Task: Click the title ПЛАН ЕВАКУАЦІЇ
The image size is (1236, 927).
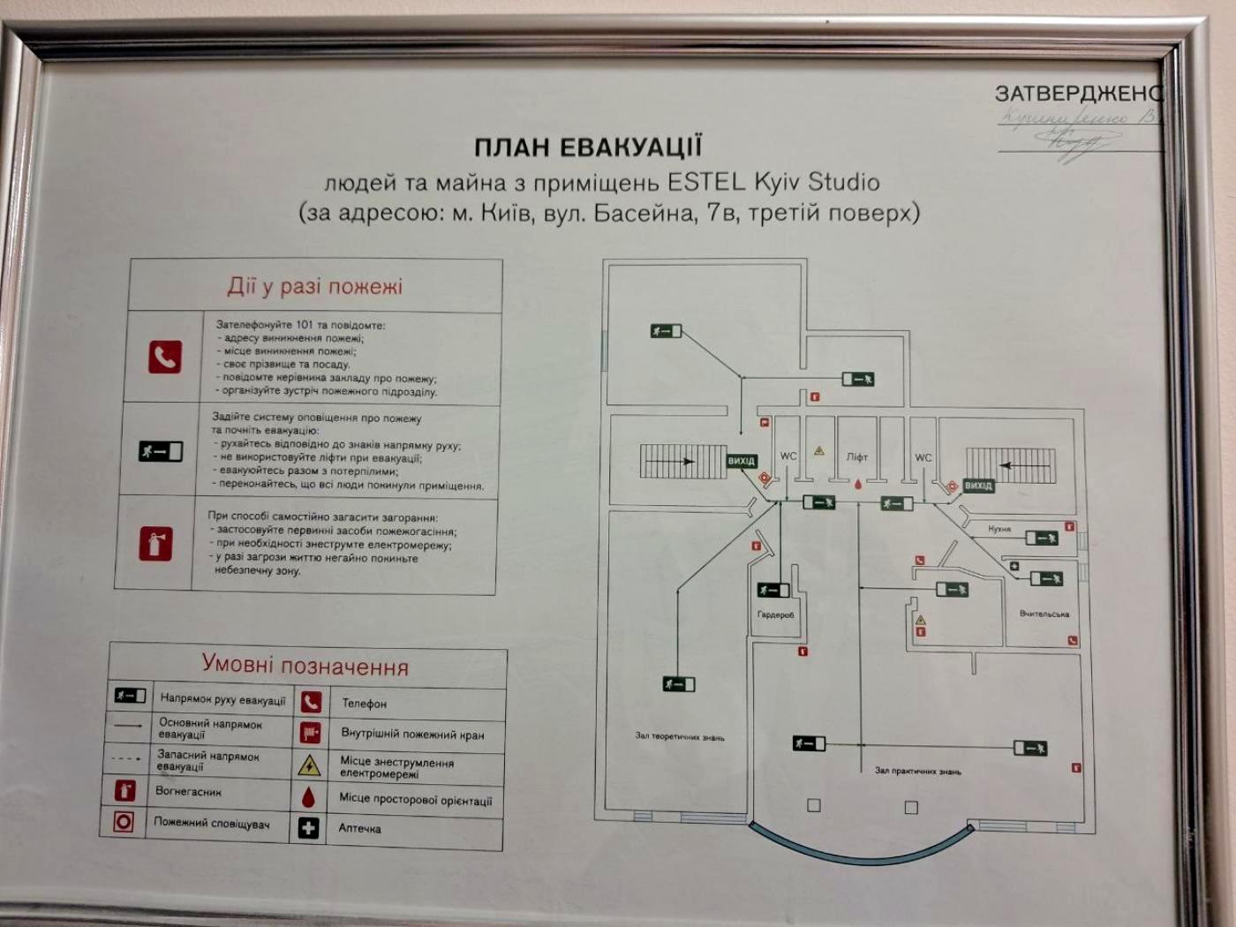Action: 588,147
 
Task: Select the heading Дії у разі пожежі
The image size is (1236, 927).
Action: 315,286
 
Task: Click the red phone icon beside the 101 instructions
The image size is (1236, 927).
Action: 165,357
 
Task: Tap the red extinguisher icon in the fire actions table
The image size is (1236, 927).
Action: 155,543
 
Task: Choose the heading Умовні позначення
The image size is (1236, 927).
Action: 305,665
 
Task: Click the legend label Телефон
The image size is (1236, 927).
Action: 364,704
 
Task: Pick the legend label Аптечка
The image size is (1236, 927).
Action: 359,828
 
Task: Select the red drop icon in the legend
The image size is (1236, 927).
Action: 308,797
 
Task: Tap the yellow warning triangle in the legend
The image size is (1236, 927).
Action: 309,765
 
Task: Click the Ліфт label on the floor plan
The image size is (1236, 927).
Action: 857,457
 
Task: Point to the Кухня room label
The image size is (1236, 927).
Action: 999,529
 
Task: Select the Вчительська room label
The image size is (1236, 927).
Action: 1044,614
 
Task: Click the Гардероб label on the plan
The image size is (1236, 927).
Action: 775,614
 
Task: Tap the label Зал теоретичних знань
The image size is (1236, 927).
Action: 680,736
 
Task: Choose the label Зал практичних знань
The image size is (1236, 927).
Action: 917,771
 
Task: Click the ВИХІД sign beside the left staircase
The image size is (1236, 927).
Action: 742,461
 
